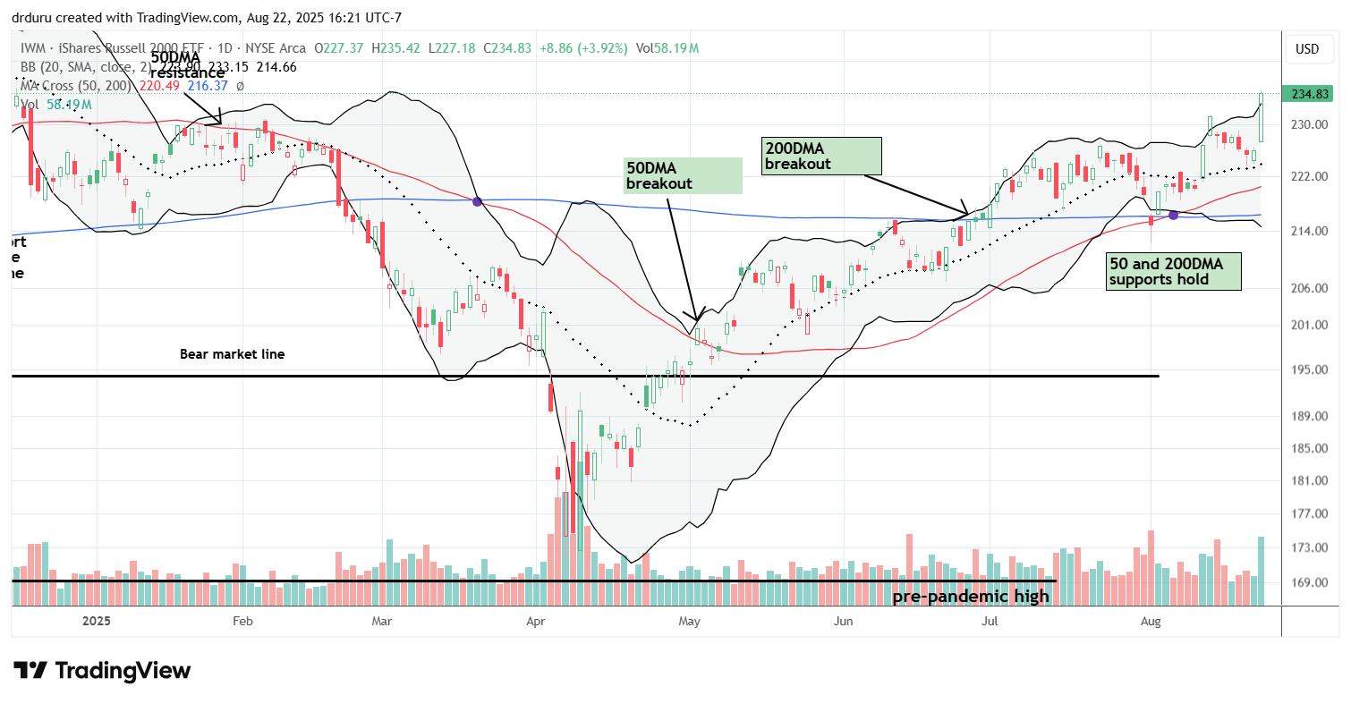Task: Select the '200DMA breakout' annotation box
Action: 821,156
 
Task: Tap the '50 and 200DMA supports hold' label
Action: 1174,271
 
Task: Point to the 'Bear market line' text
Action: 233,354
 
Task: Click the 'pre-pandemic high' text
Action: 972,596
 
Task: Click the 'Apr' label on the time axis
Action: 536,620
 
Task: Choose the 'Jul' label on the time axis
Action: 990,620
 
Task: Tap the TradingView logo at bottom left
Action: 102,670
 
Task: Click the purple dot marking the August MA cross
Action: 1173,215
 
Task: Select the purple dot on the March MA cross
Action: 477,201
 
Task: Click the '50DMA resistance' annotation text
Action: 185,65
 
